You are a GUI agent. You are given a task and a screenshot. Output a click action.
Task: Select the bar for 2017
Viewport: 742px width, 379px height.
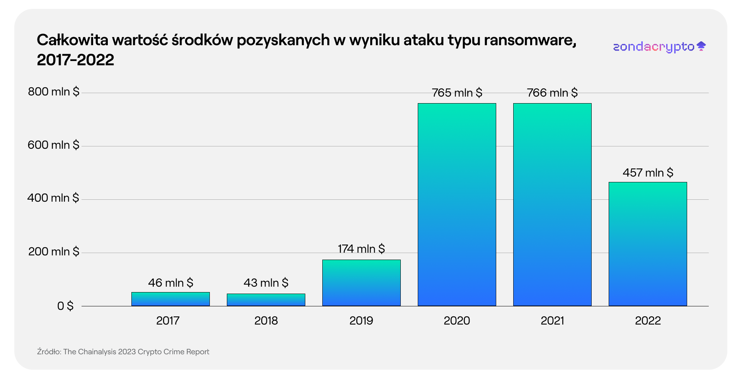tap(170, 299)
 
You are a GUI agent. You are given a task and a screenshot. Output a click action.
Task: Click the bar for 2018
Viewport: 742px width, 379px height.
tap(266, 300)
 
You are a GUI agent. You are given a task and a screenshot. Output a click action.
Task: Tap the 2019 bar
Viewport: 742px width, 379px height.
tap(361, 283)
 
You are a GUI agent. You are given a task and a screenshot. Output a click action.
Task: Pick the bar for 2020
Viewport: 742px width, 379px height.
tap(457, 205)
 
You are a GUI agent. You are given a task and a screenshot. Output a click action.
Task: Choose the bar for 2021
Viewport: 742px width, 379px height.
tap(552, 205)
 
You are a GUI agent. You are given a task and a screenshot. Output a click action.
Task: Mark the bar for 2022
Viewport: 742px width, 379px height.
tap(648, 244)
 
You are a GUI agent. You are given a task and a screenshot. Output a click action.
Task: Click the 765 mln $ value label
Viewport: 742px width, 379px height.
tap(457, 93)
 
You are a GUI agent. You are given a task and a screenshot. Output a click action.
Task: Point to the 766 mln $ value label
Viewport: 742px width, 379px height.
tap(552, 93)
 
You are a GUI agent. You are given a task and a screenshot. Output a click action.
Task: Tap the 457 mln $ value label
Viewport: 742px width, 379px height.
tap(648, 173)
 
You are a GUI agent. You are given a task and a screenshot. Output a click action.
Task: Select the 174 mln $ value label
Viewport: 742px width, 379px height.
tap(361, 249)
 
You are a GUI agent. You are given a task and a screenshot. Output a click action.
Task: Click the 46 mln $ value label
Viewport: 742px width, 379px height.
tap(170, 283)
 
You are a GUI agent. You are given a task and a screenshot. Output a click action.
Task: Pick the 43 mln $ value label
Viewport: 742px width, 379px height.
tap(266, 283)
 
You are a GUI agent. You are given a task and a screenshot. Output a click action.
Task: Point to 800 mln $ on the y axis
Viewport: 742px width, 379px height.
tap(54, 92)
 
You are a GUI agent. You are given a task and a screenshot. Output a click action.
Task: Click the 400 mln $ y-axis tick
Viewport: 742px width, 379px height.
tap(53, 198)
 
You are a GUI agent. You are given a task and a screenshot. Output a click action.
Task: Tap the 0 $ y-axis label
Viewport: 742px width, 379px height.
tap(65, 306)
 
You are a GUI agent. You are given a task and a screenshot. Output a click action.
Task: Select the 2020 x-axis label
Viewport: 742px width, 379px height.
tap(457, 321)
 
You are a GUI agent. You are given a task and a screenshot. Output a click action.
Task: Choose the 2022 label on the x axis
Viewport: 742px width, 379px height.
tap(648, 321)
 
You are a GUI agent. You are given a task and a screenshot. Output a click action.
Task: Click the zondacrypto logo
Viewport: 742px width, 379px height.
tap(659, 47)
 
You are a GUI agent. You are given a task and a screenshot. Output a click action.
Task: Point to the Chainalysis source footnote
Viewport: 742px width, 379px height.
tap(123, 352)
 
